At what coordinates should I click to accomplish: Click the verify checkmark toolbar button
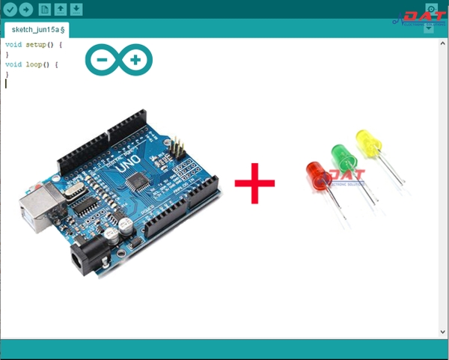click(x=10, y=10)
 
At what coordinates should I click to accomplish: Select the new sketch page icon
click(x=44, y=10)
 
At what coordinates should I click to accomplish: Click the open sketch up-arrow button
click(x=61, y=10)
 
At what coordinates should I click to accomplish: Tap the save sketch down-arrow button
click(x=76, y=10)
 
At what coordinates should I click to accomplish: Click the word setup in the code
click(x=35, y=45)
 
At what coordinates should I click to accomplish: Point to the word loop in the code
click(x=33, y=64)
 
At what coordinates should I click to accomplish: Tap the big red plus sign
click(x=254, y=182)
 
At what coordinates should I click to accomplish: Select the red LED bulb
click(x=317, y=173)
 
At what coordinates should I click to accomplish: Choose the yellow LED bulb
click(x=367, y=140)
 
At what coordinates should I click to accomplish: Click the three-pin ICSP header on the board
click(x=178, y=145)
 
